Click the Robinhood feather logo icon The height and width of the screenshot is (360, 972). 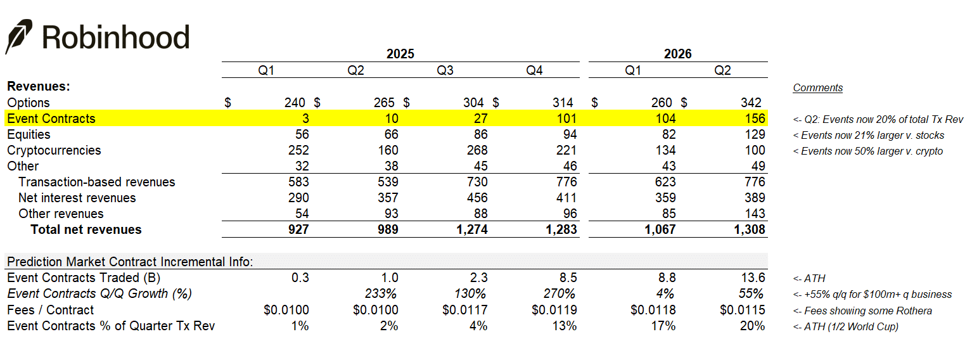[18, 37]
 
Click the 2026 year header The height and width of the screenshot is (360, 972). [677, 54]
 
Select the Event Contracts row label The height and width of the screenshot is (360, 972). [51, 119]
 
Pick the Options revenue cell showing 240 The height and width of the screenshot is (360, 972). [295, 103]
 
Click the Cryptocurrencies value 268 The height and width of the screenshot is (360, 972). [477, 150]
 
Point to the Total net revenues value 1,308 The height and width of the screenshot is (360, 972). [749, 229]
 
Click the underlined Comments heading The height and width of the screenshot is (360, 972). [817, 87]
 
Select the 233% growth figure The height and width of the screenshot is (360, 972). [381, 293]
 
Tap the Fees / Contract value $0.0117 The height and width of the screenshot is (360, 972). [464, 310]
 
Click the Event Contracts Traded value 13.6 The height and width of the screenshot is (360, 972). [753, 278]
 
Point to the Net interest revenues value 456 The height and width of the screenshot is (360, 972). [477, 198]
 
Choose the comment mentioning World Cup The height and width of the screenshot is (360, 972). [845, 326]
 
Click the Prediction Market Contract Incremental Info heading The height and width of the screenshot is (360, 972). [130, 262]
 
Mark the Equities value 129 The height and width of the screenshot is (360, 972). [755, 134]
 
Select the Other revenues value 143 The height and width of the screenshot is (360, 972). [755, 214]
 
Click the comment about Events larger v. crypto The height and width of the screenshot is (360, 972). [868, 151]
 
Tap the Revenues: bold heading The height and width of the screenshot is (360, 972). [38, 86]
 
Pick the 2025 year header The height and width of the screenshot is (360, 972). [400, 54]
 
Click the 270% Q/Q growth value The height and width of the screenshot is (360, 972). [560, 293]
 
